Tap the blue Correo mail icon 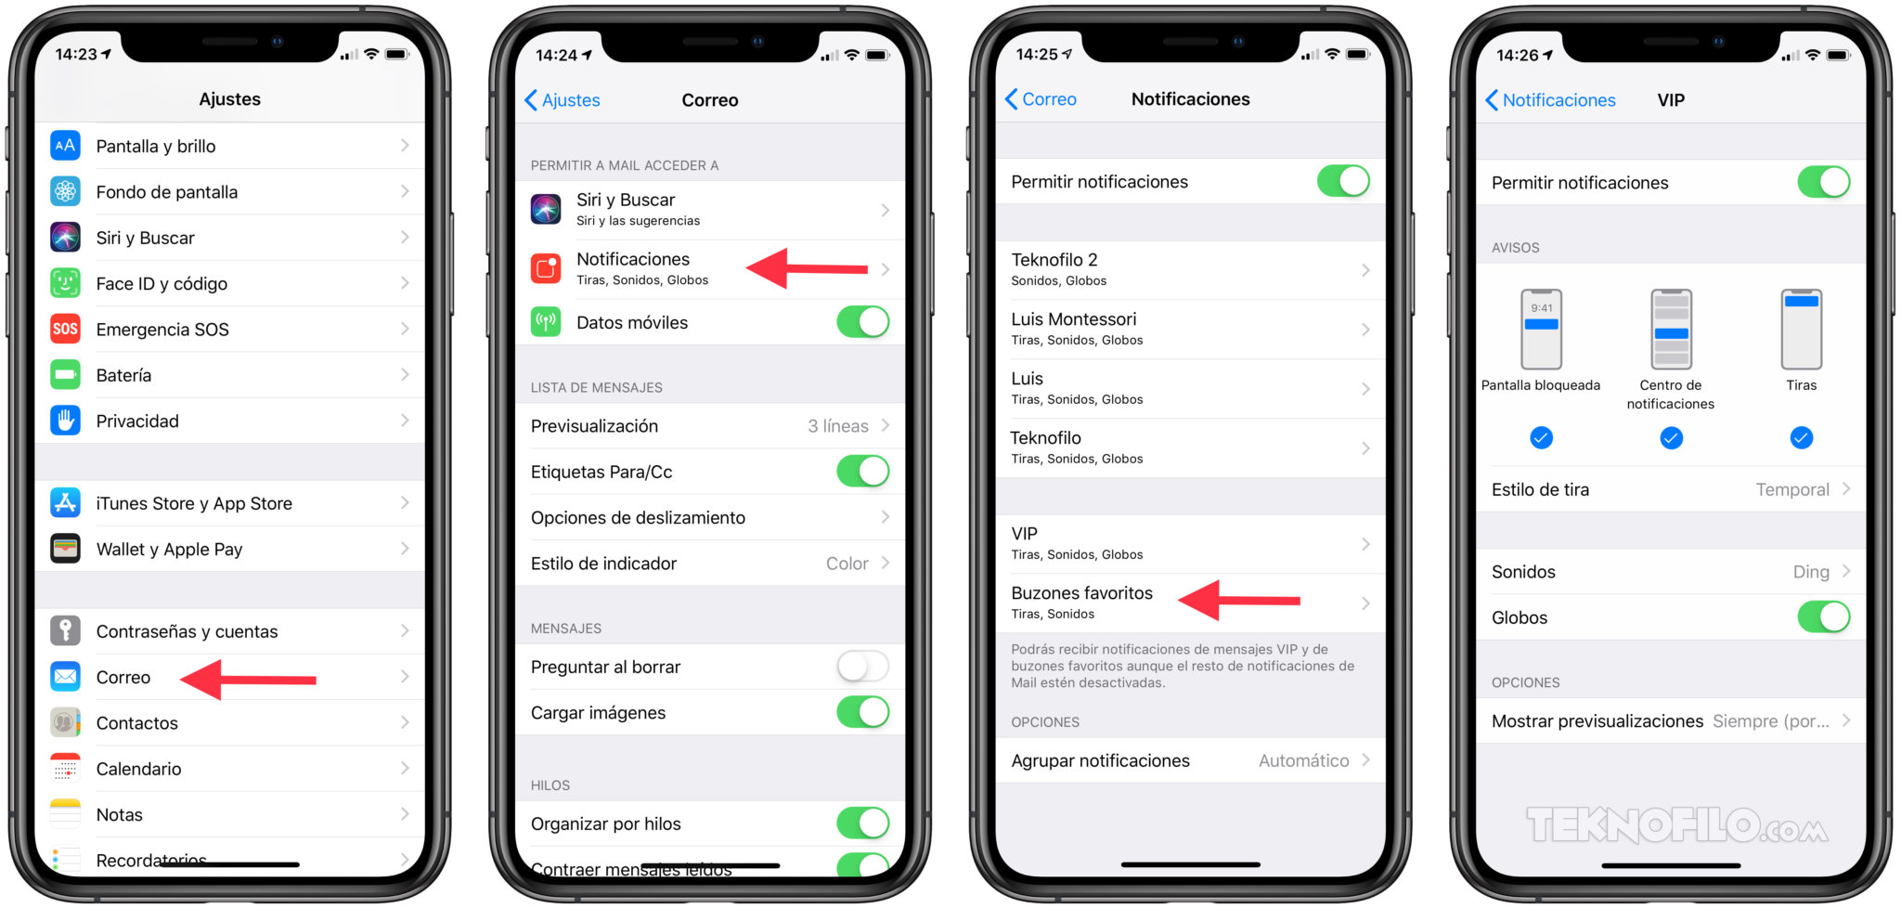pos(65,677)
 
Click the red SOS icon pos(65,329)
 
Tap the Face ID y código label pos(162,283)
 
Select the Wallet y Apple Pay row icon pos(65,549)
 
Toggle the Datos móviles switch pos(862,322)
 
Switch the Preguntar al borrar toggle pos(862,667)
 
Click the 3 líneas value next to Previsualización pos(837,426)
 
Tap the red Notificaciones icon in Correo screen pos(546,268)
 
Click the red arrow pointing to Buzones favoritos pos(1239,600)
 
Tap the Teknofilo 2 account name pos(1054,260)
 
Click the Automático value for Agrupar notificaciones pos(1303,760)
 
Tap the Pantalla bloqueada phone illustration pos(1541,329)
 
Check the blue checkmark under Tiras pos(1801,437)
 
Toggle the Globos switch pos(1823,617)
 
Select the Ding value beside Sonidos pos(1810,572)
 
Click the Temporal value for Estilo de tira pos(1791,489)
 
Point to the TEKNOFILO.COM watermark pos(1676,825)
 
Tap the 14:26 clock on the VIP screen pos(1517,55)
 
